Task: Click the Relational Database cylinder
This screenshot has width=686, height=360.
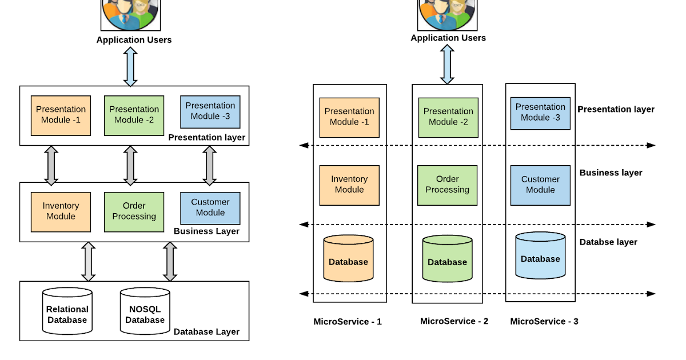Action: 67,311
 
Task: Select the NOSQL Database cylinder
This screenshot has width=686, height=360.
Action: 145,311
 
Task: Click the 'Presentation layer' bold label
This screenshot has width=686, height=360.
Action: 206,137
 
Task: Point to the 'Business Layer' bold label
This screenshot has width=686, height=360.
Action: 206,231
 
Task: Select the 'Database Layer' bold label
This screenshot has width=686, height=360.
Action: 206,332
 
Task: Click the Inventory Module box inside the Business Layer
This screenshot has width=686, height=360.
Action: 61,211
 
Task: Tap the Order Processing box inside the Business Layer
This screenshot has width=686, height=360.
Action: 134,211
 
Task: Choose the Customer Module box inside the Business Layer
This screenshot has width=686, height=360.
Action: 210,208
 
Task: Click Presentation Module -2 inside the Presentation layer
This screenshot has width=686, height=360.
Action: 134,115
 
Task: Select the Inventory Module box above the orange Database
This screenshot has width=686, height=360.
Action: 349,185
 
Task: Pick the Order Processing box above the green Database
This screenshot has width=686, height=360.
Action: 447,185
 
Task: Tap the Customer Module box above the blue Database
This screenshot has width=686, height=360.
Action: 540,185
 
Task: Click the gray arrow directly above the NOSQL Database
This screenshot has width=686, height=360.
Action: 170,262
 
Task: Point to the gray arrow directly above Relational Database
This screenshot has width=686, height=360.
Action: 88,262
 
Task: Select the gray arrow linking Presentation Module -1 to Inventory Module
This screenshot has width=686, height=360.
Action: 51,166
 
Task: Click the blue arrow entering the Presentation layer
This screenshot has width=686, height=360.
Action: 130,67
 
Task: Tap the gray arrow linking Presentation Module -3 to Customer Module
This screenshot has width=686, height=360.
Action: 209,166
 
